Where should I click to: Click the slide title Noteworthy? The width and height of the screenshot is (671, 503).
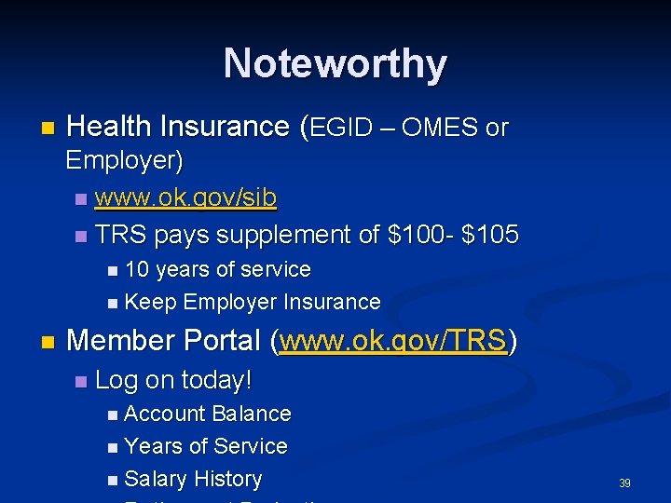335,63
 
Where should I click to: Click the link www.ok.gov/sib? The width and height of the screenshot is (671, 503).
185,198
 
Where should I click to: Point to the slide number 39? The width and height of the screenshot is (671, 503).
624,483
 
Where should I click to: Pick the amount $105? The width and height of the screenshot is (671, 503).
488,235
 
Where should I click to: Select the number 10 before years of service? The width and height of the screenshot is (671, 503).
137,269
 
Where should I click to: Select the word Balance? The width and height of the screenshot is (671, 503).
252,413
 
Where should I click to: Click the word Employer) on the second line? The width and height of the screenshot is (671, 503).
123,160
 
